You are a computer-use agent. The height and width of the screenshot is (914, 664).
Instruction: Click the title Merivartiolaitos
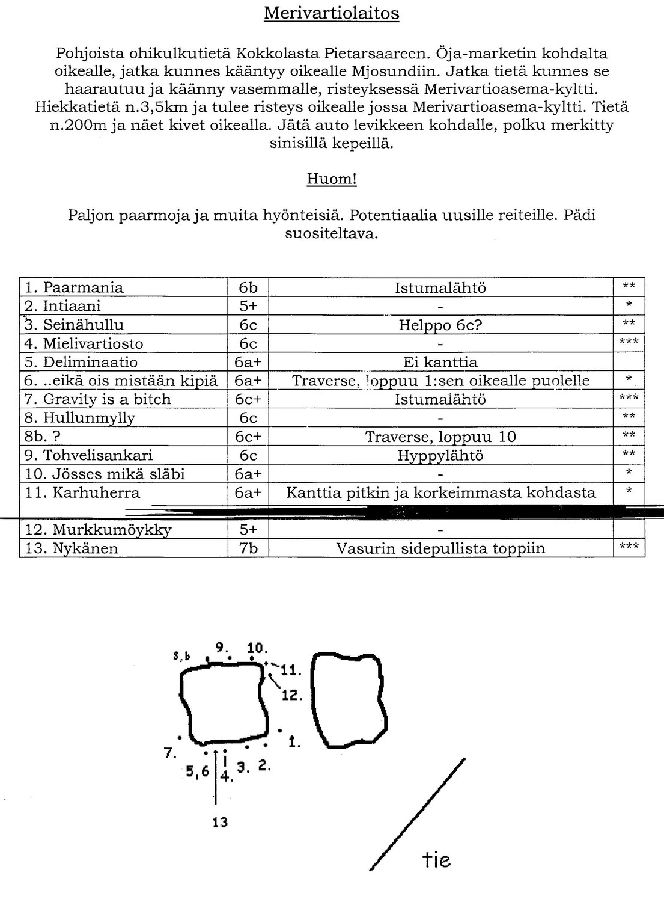(331, 13)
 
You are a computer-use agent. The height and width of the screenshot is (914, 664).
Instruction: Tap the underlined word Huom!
(332, 179)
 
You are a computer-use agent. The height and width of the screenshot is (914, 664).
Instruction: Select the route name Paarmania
(83, 287)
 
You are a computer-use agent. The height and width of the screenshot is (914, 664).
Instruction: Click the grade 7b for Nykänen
(248, 548)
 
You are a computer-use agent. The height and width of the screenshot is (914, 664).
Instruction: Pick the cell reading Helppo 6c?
(440, 325)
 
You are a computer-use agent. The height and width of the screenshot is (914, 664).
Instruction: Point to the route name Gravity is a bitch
(107, 399)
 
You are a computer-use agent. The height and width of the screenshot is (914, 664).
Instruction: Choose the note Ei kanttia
(440, 362)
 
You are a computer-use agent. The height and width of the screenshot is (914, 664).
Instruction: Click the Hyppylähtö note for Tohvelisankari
(440, 455)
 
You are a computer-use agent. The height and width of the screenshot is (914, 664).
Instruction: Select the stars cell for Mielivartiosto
(629, 343)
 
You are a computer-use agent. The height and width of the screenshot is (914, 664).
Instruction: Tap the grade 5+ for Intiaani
(248, 306)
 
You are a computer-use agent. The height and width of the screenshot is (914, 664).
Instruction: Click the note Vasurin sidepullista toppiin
(440, 548)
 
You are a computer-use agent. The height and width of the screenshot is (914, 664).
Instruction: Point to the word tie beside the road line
(436, 860)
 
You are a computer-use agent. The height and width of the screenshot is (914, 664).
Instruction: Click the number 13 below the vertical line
(220, 822)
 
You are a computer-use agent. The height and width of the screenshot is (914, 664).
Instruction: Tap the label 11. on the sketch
(291, 671)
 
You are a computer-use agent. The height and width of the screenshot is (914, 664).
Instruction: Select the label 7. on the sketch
(170, 752)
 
